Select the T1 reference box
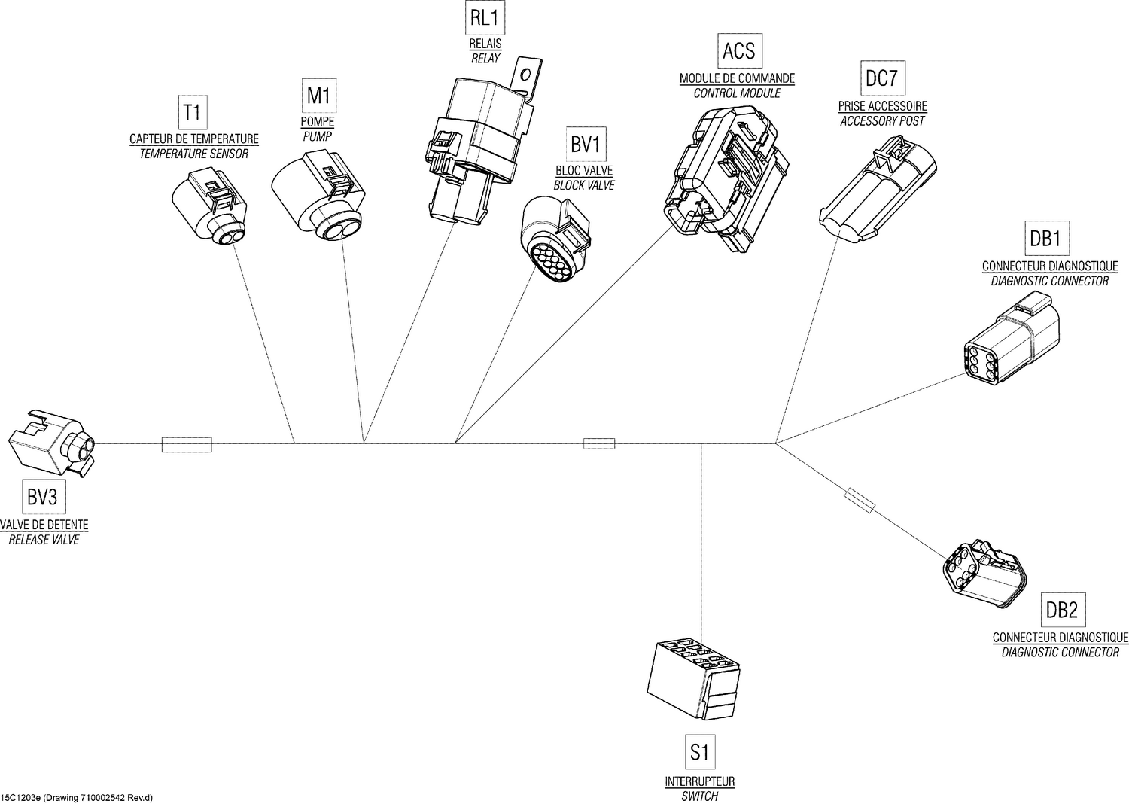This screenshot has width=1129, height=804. click(x=193, y=113)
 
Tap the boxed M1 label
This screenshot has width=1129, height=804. click(x=318, y=96)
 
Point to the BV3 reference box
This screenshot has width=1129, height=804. click(x=42, y=497)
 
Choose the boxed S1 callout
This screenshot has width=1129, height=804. click(x=699, y=751)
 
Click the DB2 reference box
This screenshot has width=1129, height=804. click(x=1062, y=611)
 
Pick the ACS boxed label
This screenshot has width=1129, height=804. click(x=738, y=51)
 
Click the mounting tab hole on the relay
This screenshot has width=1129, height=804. click(x=526, y=72)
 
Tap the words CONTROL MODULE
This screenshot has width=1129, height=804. click(x=736, y=93)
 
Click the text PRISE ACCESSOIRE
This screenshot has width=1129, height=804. click(x=882, y=107)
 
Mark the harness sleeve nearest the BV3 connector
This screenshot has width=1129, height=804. click(x=187, y=444)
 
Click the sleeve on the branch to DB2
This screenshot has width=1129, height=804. click(x=860, y=501)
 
